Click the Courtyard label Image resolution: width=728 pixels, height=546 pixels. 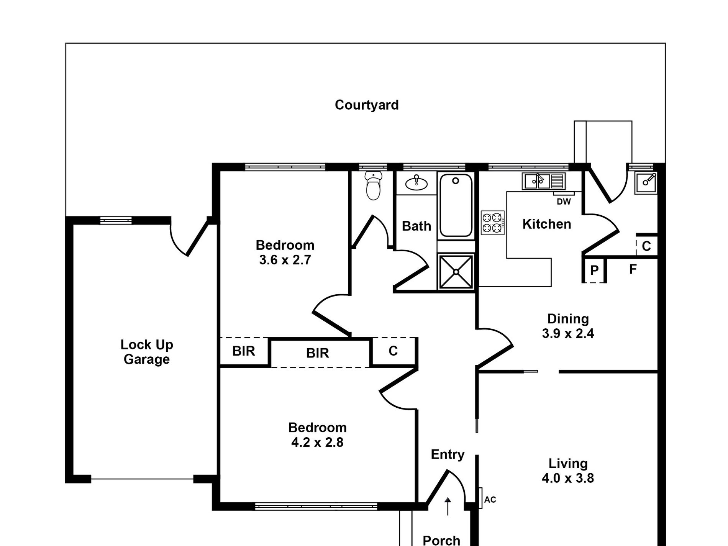point(367,105)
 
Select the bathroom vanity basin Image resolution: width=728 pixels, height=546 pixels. point(416,183)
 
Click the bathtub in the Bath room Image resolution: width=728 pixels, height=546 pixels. point(456,205)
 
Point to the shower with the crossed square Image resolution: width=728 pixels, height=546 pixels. point(456,272)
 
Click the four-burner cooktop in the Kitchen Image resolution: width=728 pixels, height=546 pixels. point(493,223)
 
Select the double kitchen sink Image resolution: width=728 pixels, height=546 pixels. point(543,181)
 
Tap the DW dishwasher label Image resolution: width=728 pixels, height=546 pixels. point(564,202)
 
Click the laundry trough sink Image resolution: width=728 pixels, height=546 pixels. point(646,183)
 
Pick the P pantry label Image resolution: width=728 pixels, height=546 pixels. point(594,271)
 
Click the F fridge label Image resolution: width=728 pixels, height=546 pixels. point(633,269)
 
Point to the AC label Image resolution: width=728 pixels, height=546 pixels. point(490,500)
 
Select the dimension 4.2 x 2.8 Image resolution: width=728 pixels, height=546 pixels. point(317,443)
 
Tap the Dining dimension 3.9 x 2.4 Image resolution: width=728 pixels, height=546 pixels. point(568,333)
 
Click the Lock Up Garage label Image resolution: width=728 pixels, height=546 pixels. point(147,352)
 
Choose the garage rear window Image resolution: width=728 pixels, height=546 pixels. point(116,220)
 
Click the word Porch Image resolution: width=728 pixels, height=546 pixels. point(441,540)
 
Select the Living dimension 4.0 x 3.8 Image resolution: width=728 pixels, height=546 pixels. point(568,478)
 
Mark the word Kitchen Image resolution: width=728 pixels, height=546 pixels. point(546,224)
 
